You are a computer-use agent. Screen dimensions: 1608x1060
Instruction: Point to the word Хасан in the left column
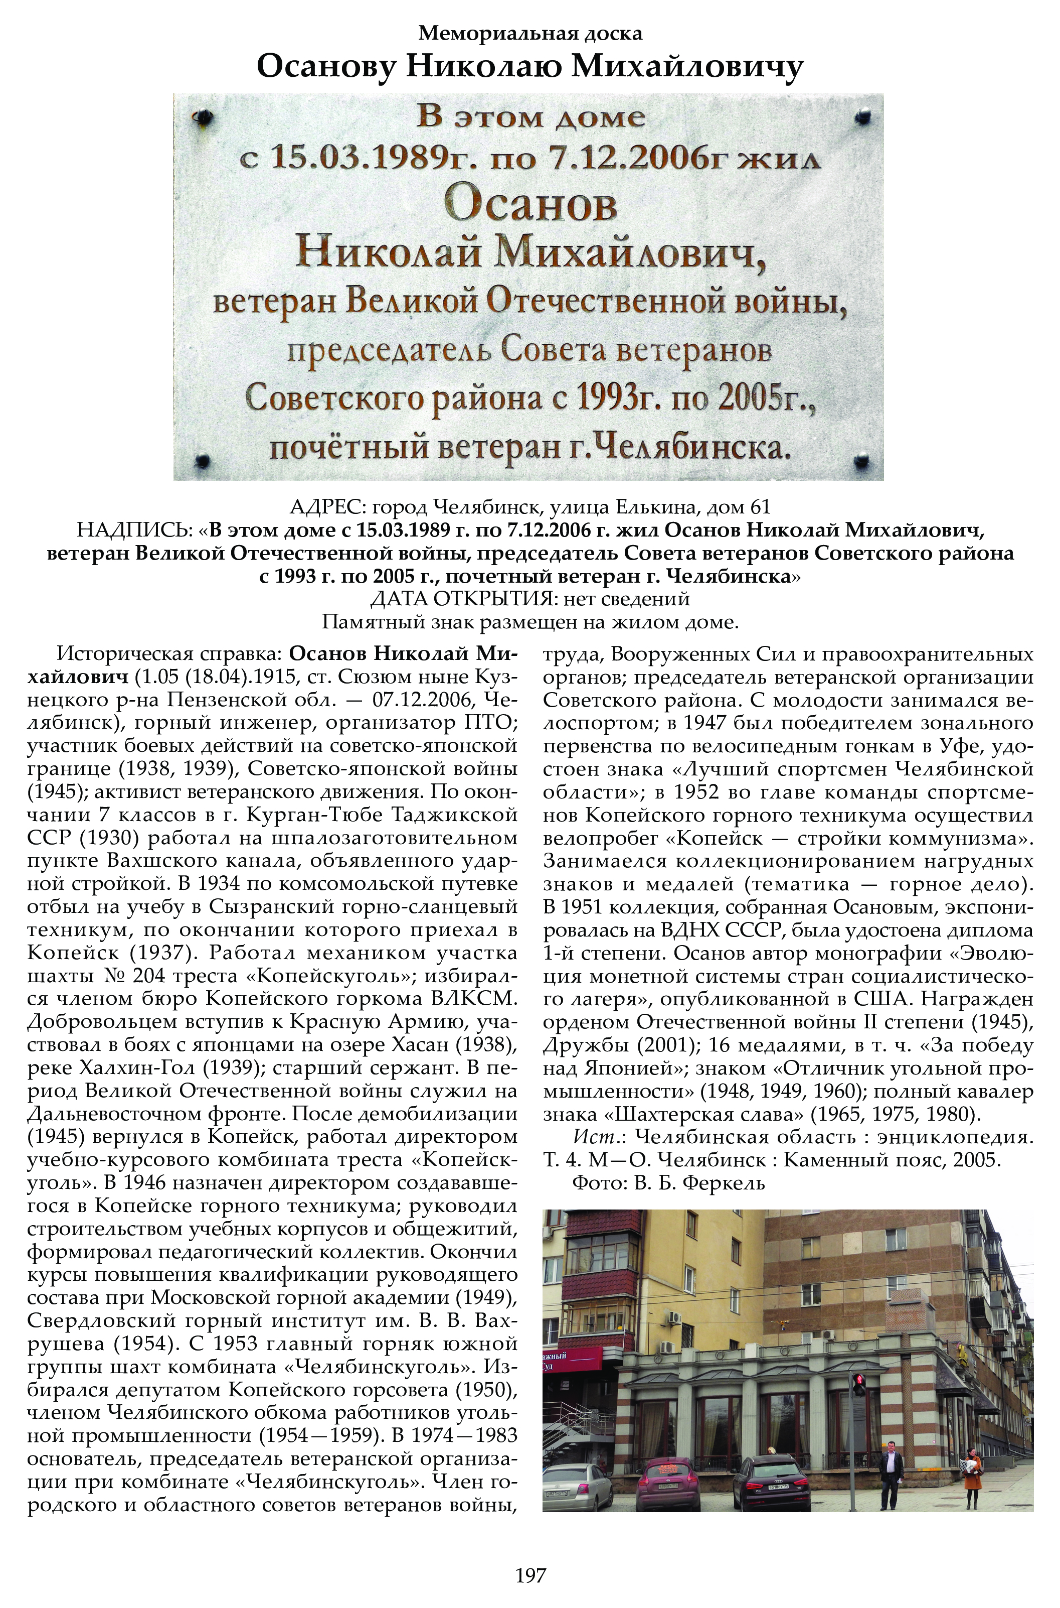421,1045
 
